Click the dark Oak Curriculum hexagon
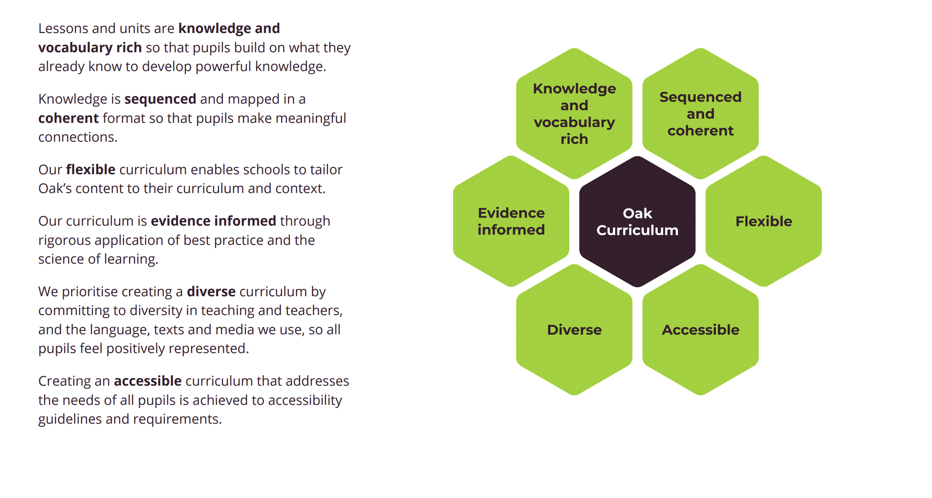tap(637, 221)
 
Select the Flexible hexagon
tap(764, 221)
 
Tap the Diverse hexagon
tap(574, 330)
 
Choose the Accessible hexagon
tap(700, 330)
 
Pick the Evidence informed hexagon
tap(511, 221)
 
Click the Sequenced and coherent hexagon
tap(700, 114)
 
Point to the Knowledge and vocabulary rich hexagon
tap(574, 114)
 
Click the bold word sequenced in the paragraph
tap(160, 99)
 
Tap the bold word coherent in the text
tap(69, 118)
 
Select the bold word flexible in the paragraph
tap(91, 170)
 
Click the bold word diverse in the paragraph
tap(211, 292)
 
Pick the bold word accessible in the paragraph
tap(148, 381)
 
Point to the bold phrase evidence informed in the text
tap(213, 221)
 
